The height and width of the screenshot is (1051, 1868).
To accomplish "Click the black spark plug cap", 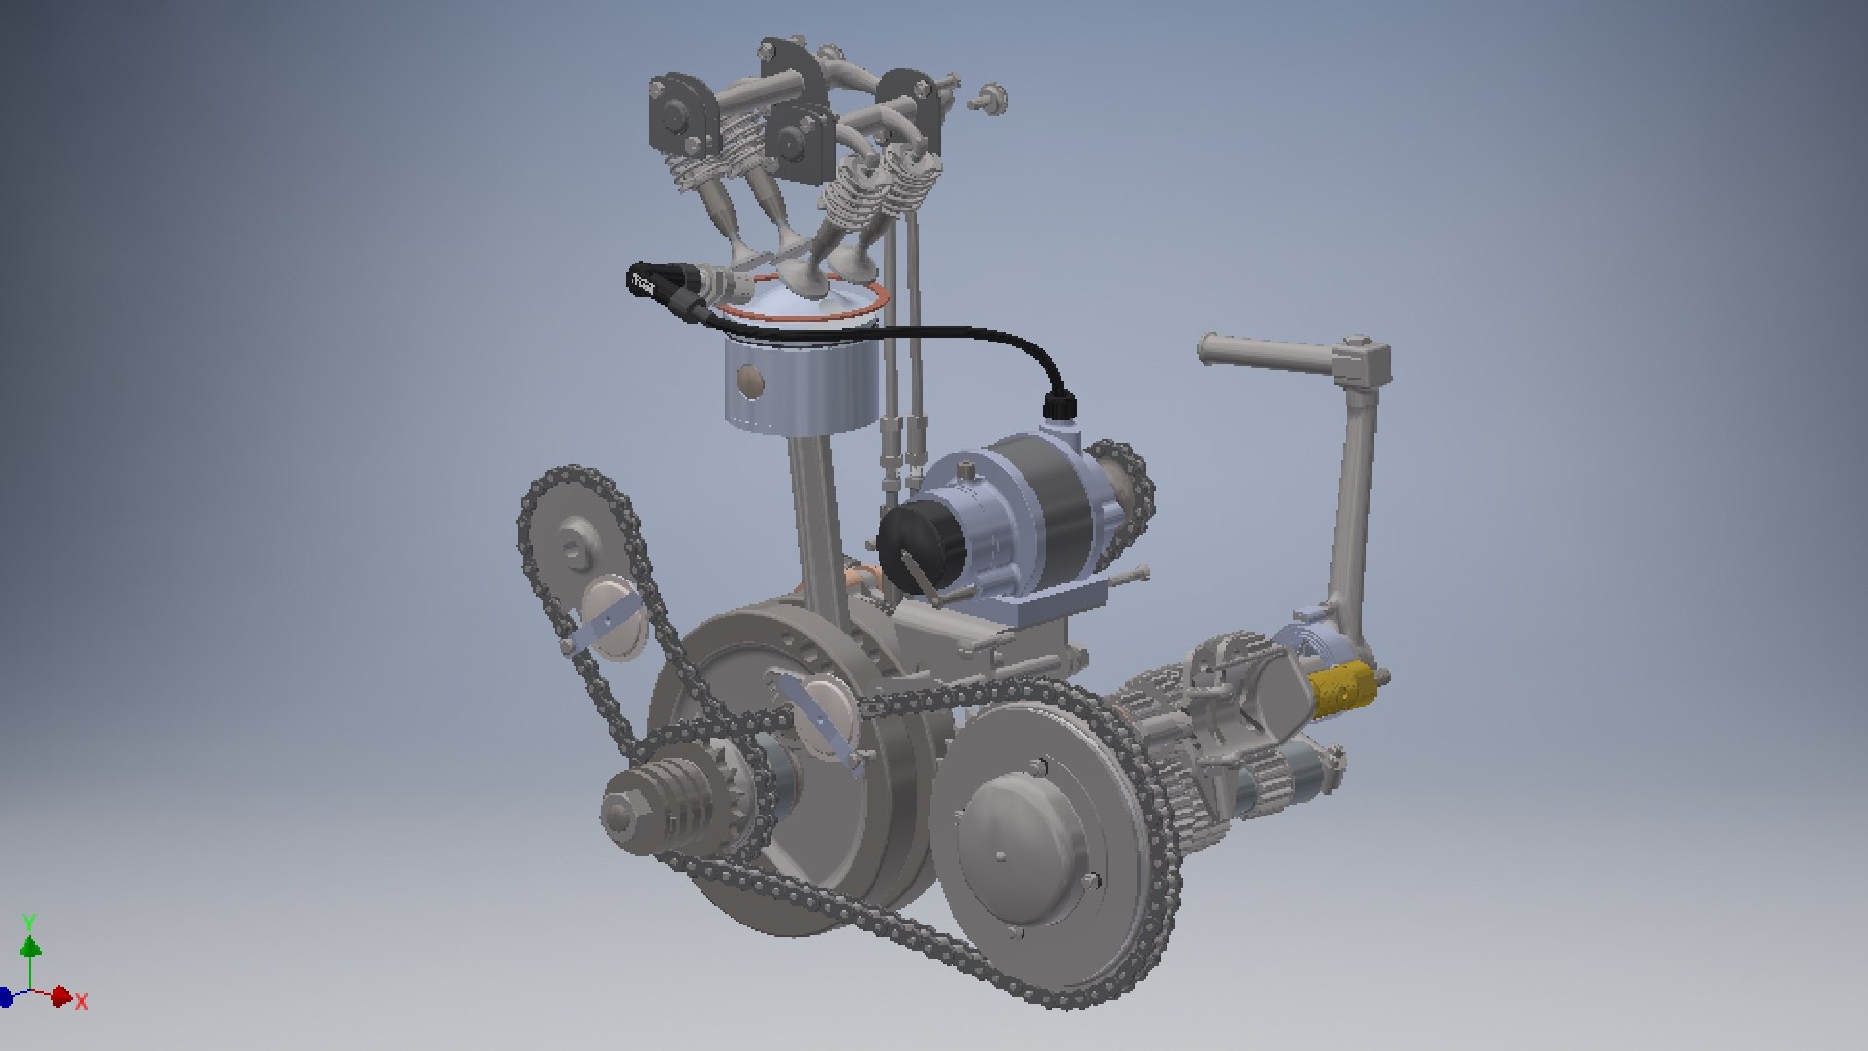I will point(654,283).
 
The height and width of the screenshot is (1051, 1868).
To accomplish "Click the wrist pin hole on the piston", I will point(749,380).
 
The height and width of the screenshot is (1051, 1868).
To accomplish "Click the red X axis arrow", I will point(60,996).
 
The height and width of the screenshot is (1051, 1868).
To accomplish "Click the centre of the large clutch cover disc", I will point(1003,856).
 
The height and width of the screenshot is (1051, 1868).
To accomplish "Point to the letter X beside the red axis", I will point(82,1001).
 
